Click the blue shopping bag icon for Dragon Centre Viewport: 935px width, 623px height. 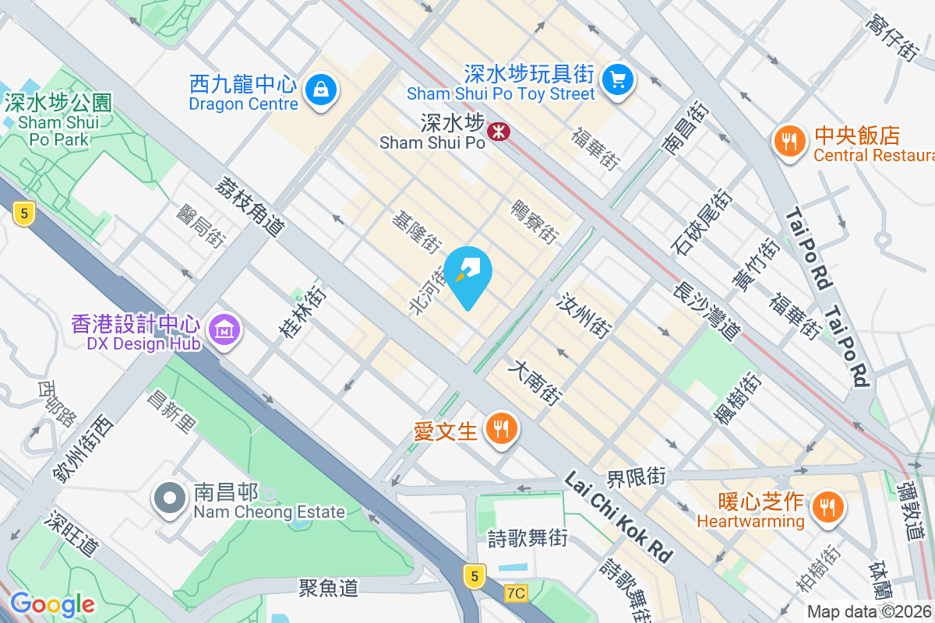coord(321,90)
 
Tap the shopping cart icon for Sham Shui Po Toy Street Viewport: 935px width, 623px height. coord(619,79)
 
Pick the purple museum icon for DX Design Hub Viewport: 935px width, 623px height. coord(224,331)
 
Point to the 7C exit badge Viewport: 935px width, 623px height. coord(515,593)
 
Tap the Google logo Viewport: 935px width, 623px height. coord(52,604)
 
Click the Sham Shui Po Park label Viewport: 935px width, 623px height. coord(58,121)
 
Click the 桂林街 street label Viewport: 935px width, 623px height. coord(303,312)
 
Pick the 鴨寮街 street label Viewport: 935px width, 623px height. coord(534,221)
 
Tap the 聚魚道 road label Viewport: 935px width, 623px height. coord(328,587)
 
